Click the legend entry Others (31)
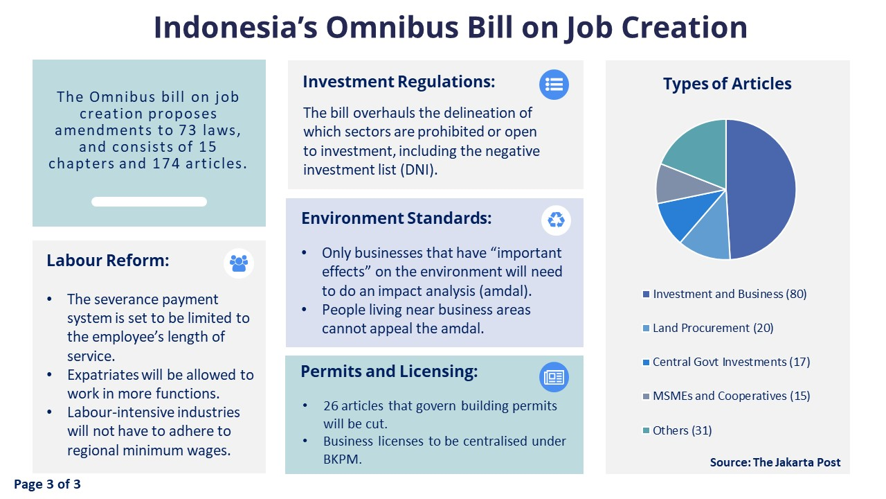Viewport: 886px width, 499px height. [677, 430]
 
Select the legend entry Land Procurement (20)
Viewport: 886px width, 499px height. [708, 328]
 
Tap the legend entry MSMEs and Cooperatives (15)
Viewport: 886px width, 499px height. [726, 396]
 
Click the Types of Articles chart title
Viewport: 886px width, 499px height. [727, 84]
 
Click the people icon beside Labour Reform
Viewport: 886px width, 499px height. [239, 263]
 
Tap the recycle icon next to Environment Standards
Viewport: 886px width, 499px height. [556, 220]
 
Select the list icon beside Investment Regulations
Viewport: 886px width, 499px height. [554, 85]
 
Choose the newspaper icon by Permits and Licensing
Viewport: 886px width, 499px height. [554, 377]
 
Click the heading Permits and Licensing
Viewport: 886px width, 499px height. [389, 371]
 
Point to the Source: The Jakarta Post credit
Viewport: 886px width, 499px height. [775, 462]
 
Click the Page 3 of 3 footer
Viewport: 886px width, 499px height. [47, 484]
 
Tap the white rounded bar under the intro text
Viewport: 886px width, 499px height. [149, 202]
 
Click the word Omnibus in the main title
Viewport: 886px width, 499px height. [392, 27]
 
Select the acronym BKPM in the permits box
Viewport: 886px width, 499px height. [342, 459]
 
